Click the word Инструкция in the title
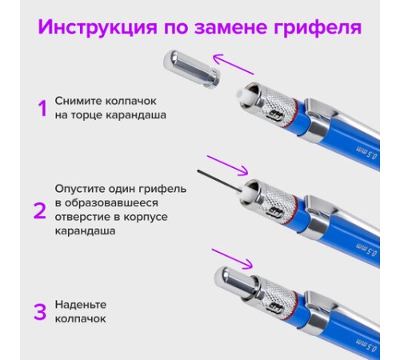[98, 27]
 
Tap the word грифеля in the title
[318, 27]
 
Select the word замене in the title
[230, 27]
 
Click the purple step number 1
[42, 108]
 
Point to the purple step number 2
[40, 210]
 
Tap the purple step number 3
[40, 311]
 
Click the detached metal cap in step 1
[191, 69]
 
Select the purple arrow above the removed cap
[234, 64]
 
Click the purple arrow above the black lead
[227, 166]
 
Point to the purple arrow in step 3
[232, 258]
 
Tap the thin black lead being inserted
[219, 181]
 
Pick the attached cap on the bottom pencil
[234, 282]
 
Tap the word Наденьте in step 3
[81, 305]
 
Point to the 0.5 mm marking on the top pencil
[367, 153]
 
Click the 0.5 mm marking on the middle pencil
[367, 250]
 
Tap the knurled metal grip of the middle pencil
[280, 206]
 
